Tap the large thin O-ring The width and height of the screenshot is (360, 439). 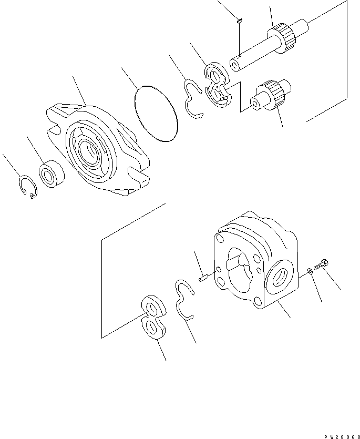(157, 115)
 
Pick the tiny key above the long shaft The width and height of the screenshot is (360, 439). (239, 22)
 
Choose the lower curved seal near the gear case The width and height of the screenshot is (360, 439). (183, 299)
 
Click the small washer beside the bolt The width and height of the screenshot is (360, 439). (310, 271)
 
